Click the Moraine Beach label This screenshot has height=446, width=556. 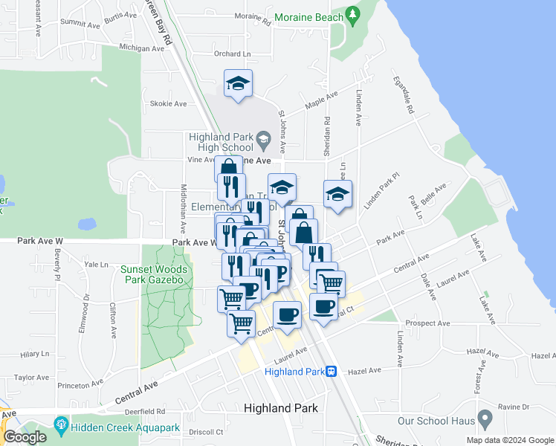point(308,16)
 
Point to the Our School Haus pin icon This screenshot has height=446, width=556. point(485,420)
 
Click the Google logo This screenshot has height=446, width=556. point(25,437)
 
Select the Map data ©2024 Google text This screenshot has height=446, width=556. point(509,439)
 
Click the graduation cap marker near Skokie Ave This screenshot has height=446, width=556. point(238,84)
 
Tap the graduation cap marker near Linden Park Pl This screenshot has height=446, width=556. point(338,195)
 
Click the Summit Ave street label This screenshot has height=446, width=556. point(80,23)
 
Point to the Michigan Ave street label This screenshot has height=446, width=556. point(140,48)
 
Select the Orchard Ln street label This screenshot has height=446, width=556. point(233,54)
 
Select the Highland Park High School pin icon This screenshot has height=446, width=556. point(263,139)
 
